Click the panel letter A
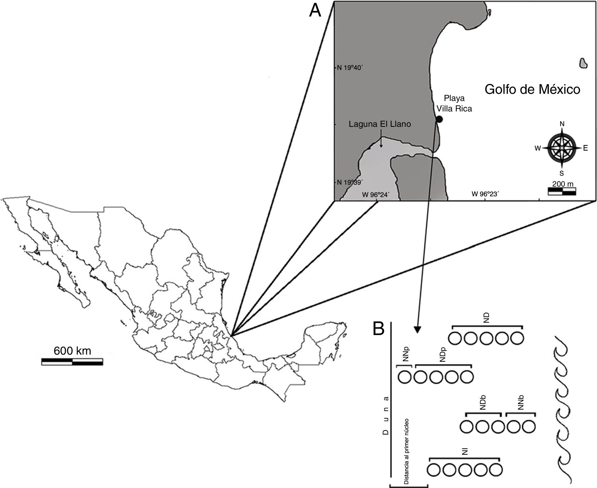coord(315,11)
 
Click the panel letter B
coord(378,329)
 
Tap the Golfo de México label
coord(532,90)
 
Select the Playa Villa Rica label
coord(454,103)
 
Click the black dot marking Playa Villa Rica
coord(439,119)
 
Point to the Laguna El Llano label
coord(380,124)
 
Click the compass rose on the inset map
coord(561,147)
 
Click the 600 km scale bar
coord(72,362)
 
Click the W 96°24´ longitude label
coord(376,194)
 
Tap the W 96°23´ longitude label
coord(485,194)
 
